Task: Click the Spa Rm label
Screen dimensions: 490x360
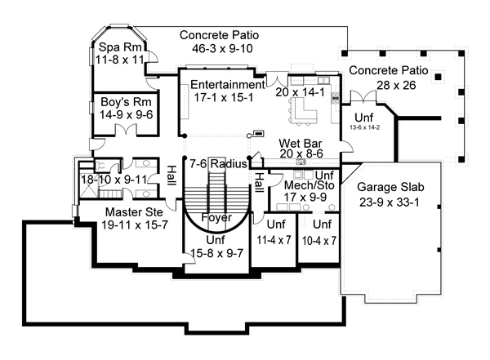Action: coord(120,47)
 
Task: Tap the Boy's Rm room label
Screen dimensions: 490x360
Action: coord(126,102)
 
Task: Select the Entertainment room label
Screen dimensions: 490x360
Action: coord(228,84)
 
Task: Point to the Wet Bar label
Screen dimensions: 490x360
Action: coord(301,143)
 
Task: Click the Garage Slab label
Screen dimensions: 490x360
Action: coord(390,187)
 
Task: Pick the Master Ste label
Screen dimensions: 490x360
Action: coord(134,212)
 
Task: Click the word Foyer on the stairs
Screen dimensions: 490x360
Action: coord(216,217)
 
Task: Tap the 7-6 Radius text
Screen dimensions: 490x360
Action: coord(218,164)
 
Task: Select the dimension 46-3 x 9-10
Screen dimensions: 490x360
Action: coord(222,48)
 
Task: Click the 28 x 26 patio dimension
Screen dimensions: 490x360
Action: coord(396,85)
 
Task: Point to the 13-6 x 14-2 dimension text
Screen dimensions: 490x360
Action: coord(365,127)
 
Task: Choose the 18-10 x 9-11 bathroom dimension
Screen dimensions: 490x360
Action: coord(114,180)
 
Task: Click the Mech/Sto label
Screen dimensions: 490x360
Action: coord(309,185)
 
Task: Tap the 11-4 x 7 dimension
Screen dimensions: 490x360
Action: coord(274,240)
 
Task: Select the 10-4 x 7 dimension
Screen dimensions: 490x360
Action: coord(319,241)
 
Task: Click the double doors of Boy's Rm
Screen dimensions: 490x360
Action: coord(126,130)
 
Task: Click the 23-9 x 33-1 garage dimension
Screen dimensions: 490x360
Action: coord(390,202)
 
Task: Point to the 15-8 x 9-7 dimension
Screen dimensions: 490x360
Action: coord(217,253)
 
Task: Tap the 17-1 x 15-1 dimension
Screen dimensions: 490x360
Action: coord(224,97)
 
